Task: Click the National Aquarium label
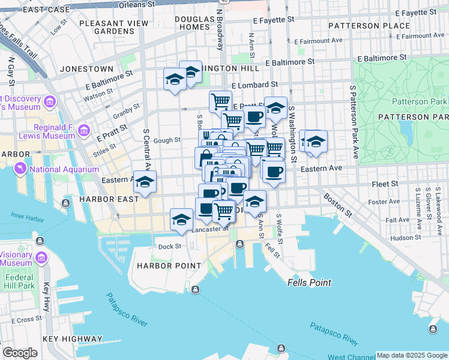click(x=64, y=169)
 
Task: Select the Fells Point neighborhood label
click(x=309, y=283)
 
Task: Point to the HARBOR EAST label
click(x=100, y=197)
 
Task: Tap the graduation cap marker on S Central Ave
click(x=145, y=182)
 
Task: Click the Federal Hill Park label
click(x=20, y=282)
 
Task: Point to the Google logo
click(x=20, y=353)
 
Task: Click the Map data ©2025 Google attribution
click(x=412, y=355)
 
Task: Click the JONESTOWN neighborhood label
click(x=83, y=69)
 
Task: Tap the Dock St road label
click(x=170, y=246)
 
